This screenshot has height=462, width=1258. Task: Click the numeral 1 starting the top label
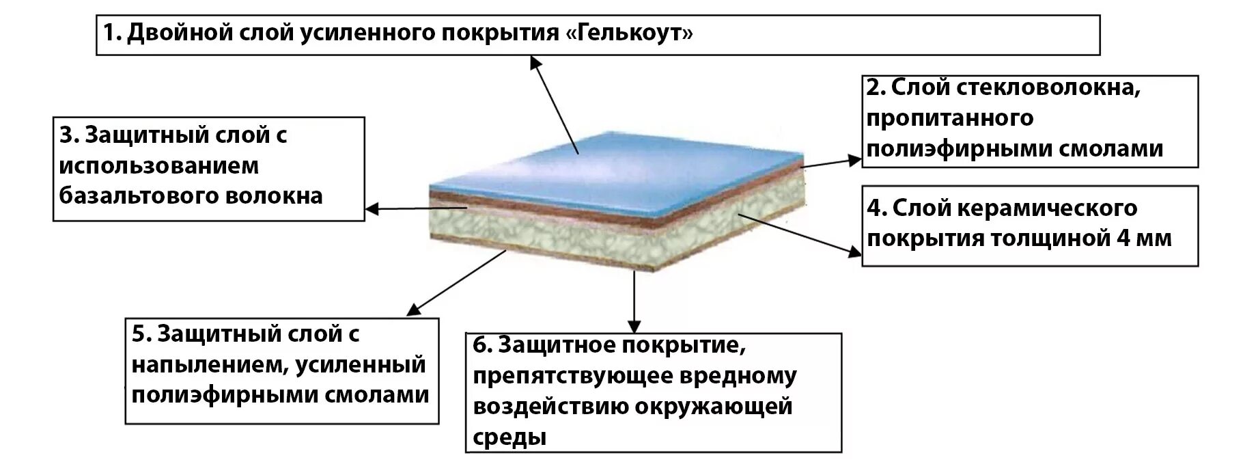(109, 32)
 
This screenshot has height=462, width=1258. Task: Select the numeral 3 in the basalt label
(66, 135)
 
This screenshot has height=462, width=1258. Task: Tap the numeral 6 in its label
(481, 344)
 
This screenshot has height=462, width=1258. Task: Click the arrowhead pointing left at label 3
(373, 209)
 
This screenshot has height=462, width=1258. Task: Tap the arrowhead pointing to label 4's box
(854, 252)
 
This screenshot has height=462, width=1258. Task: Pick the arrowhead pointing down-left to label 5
(413, 310)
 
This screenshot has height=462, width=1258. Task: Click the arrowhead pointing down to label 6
(634, 325)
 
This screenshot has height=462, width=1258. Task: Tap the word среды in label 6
(509, 437)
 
